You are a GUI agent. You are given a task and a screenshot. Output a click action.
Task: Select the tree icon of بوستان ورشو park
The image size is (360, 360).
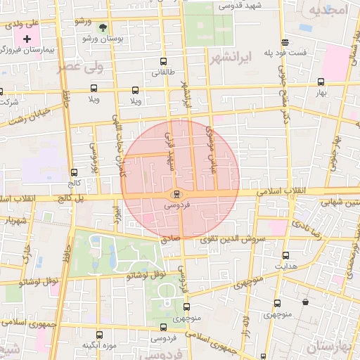pos(104,28)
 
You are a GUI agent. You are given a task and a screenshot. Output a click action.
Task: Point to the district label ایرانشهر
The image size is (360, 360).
pos(231,58)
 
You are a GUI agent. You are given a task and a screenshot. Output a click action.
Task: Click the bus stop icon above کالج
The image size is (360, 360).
pos(75,172)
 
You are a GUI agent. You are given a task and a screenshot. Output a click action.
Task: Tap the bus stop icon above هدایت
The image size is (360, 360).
pos(285,255)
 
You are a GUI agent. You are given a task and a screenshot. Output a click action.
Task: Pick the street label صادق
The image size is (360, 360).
pos(171,239)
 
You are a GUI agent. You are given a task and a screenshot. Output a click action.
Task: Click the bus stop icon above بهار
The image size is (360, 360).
pos(321,81)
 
